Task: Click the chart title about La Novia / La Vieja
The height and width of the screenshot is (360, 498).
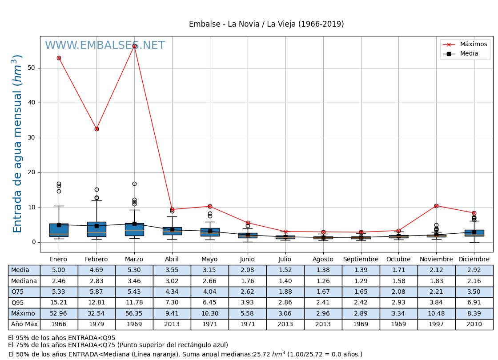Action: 266,24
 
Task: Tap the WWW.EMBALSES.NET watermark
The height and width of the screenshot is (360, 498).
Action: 104,46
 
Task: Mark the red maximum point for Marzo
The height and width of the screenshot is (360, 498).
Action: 134,46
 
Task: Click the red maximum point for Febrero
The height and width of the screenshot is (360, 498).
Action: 96,129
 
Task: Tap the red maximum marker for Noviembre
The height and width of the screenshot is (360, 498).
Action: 436,206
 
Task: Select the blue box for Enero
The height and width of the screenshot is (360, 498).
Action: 59,230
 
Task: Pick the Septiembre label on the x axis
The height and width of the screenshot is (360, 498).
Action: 361,260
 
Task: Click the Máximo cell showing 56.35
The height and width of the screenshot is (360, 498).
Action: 134,313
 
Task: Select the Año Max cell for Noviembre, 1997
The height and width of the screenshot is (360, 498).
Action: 436,324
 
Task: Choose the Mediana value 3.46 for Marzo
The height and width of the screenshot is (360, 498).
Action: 134,281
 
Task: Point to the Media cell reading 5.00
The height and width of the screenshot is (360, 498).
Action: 59,270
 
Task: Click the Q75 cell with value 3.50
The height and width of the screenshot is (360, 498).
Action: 474,292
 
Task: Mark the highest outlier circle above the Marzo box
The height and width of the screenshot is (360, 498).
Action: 134,184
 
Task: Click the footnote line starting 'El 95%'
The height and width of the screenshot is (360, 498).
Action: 62,338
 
